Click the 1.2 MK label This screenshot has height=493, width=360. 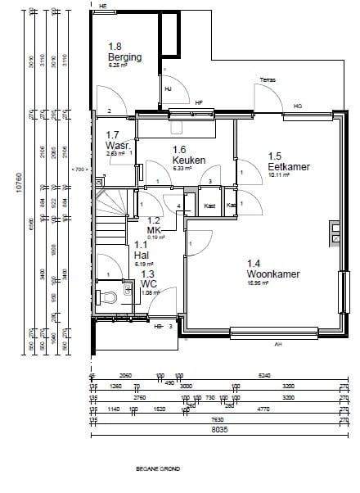(155, 225)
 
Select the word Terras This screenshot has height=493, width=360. (267, 80)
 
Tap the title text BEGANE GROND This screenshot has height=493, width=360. (159, 470)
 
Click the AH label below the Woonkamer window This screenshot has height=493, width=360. (277, 344)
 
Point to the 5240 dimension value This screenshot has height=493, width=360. (263, 375)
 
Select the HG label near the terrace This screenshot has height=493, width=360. (298, 105)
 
